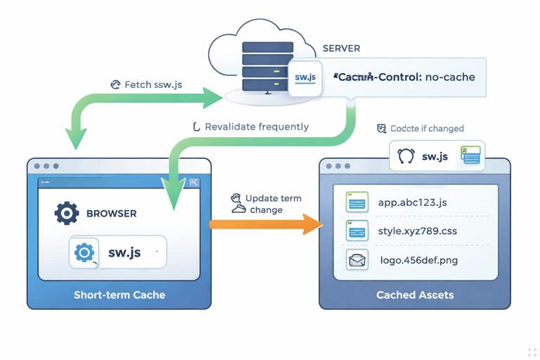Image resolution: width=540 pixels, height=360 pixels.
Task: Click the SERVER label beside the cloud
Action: tap(341, 49)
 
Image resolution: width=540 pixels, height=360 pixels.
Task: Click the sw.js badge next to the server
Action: tap(305, 77)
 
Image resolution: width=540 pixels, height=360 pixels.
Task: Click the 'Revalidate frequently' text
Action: tap(256, 127)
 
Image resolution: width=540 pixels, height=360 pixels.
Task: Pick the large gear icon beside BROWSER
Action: tap(67, 213)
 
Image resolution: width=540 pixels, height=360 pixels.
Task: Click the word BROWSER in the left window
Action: tap(111, 213)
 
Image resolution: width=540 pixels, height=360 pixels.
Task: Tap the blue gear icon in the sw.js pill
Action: tap(84, 252)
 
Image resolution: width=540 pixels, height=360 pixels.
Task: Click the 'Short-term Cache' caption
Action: tap(120, 295)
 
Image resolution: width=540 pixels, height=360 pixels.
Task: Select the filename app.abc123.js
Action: tap(412, 202)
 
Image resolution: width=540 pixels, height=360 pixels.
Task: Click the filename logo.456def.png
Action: tap(418, 260)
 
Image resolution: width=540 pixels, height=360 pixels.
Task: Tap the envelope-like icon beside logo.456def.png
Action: tap(357, 260)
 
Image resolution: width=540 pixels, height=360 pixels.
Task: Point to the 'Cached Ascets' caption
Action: tap(415, 295)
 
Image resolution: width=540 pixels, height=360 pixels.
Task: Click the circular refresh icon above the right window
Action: tap(406, 156)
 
